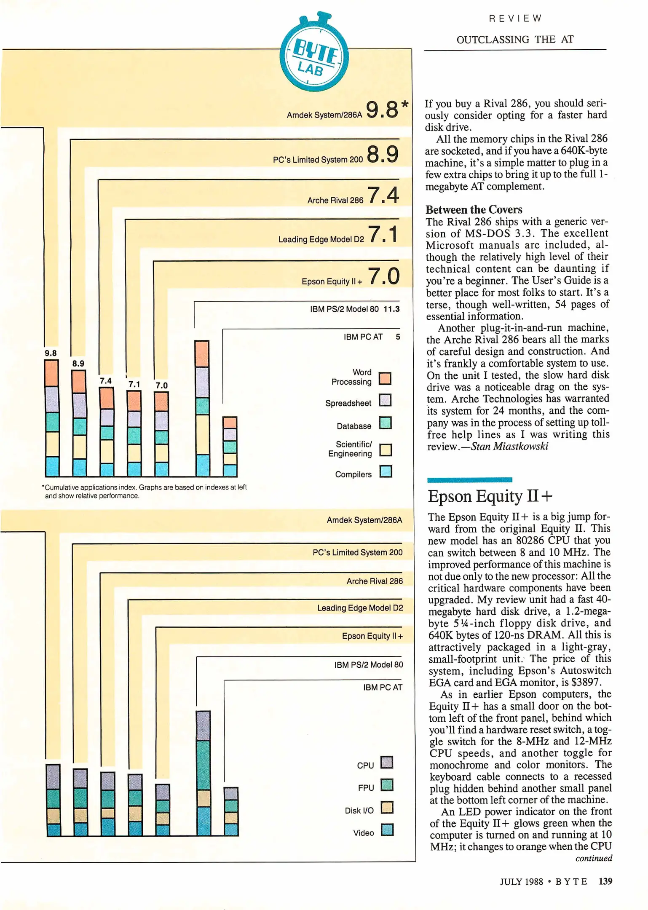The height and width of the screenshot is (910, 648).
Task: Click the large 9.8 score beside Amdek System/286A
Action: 382,109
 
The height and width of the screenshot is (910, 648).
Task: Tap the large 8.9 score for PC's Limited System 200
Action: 382,154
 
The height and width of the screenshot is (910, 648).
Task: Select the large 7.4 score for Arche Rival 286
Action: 383,195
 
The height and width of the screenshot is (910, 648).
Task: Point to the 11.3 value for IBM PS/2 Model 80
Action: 391,309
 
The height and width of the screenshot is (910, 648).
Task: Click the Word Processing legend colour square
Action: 385,378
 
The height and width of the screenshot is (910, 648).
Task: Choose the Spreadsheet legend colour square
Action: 385,400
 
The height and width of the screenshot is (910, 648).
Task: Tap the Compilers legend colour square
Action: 386,471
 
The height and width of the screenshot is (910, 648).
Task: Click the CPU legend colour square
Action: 387,762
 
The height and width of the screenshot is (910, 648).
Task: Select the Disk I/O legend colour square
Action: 387,807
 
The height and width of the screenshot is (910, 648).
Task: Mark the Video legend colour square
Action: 387,830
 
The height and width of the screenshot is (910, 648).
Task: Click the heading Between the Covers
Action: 474,210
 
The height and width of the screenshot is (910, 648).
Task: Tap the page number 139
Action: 605,881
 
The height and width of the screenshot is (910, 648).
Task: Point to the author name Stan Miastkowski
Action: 509,446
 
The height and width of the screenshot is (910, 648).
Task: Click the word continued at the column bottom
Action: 594,858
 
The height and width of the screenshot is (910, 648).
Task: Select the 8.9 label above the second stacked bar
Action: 78,364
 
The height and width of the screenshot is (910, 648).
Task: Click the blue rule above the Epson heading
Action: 469,480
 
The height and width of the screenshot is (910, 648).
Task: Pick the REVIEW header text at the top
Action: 515,19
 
